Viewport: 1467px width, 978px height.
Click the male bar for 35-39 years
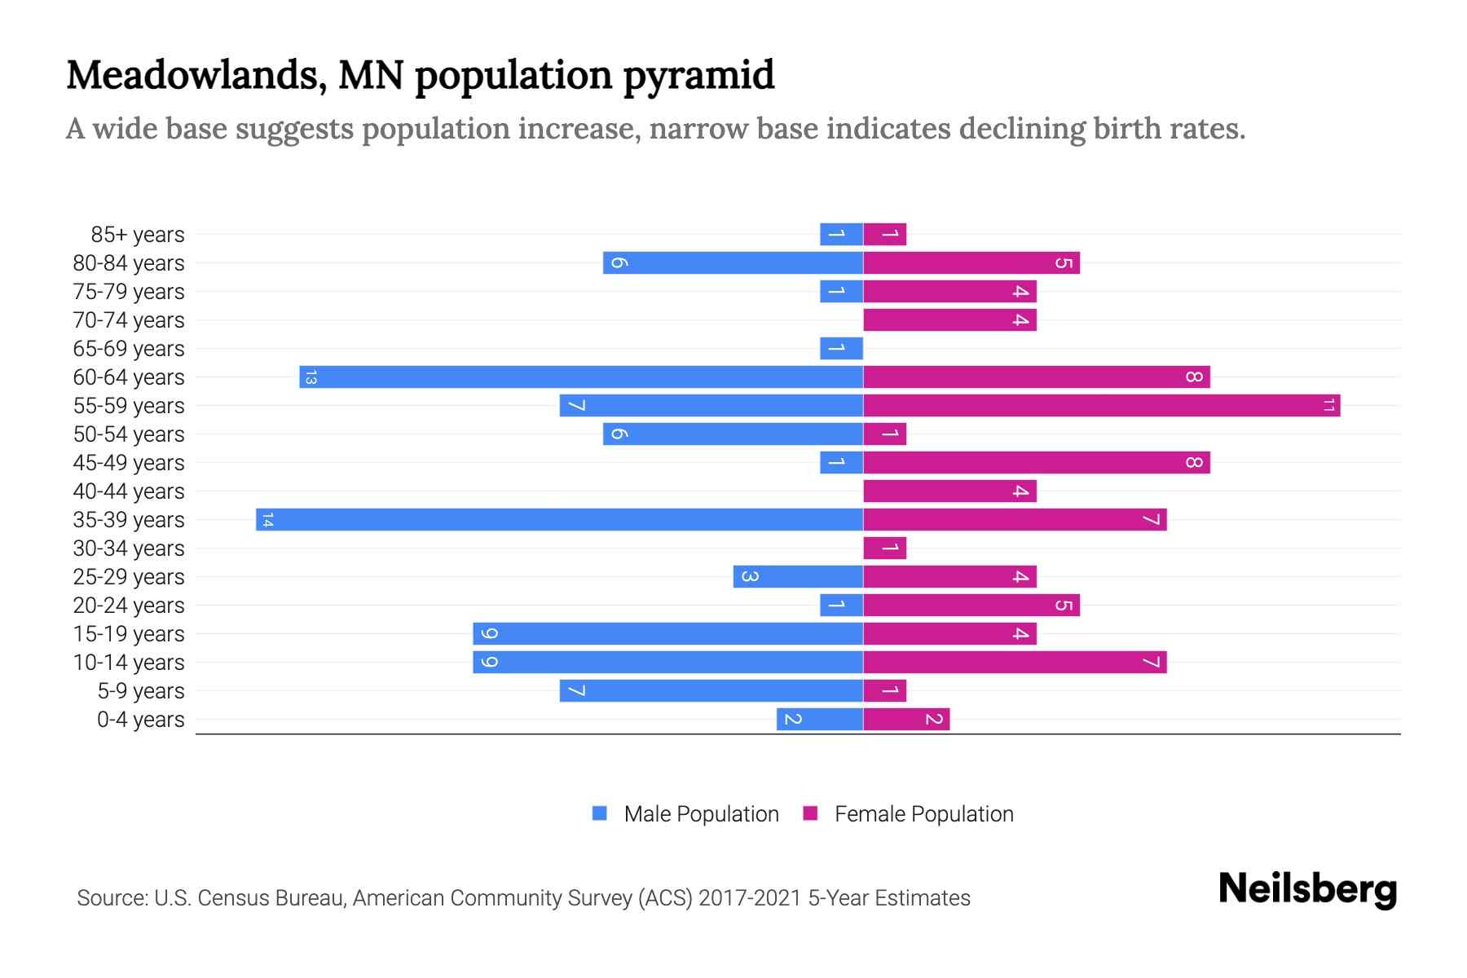(559, 520)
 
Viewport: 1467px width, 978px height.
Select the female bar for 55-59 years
(1101, 406)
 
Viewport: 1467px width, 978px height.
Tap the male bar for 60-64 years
(580, 377)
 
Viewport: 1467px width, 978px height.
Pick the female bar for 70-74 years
(949, 320)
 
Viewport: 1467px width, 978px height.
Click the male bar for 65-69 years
(841, 349)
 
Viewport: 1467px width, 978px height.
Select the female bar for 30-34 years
(884, 548)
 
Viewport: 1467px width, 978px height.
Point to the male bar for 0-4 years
(819, 720)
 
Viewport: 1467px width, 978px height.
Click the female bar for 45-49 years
(1036, 463)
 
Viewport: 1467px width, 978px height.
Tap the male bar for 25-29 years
(797, 577)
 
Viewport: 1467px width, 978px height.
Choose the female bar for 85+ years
(884, 235)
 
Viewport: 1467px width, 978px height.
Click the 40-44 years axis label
(129, 491)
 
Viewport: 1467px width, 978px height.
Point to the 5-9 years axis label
(140, 691)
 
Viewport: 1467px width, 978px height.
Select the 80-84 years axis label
(129, 263)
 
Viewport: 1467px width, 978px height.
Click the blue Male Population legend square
(600, 813)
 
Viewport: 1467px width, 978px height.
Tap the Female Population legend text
(923, 814)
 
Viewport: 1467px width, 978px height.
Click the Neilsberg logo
(1307, 889)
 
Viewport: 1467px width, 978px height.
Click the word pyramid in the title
(698, 76)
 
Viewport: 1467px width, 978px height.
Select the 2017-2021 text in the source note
(749, 898)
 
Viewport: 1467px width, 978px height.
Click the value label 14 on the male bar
(267, 520)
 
